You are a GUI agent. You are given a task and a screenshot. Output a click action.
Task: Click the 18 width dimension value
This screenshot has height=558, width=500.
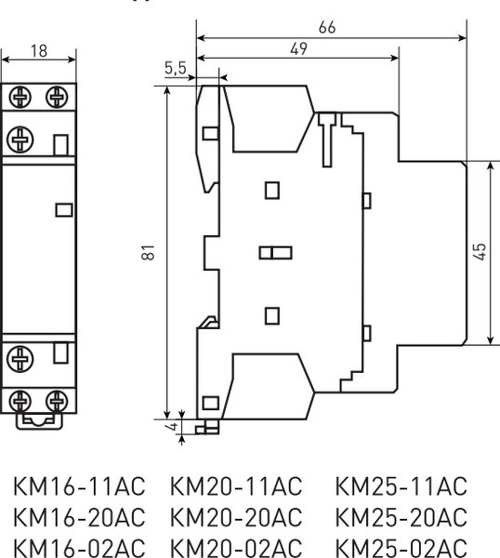pos(38,51)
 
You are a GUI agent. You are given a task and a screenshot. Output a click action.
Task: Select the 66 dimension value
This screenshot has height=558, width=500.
pos(326,28)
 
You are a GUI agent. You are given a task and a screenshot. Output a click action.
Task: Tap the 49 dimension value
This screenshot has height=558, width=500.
pos(298,50)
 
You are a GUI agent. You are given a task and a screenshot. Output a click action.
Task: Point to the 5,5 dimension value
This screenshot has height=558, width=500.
pos(176,68)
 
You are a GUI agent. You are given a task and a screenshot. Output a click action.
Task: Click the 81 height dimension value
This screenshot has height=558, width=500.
pos(150,253)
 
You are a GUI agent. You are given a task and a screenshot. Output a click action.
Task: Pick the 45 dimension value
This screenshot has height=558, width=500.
pos(479,252)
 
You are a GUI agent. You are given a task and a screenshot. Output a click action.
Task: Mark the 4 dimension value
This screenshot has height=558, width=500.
pos(170,427)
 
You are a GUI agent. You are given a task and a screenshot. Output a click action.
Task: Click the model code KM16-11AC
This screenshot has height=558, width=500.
pos(83,487)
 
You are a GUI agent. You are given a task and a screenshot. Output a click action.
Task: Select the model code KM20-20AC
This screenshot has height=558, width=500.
pos(237,516)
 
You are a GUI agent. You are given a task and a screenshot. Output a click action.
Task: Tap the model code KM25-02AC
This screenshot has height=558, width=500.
pos(401,545)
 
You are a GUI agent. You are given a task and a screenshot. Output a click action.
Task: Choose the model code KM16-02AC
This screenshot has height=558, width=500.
pos(83,545)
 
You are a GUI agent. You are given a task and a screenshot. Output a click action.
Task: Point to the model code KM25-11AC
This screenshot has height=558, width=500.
pos(401,487)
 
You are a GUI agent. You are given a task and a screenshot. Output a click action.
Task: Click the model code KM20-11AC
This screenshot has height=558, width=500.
pos(237,487)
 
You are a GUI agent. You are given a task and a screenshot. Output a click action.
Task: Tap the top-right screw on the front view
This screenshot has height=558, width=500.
pos(57,96)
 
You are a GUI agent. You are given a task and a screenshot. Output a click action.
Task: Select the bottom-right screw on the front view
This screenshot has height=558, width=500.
pos(57,401)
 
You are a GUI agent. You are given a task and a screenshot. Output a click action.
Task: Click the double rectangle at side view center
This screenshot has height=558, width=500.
pos(276,252)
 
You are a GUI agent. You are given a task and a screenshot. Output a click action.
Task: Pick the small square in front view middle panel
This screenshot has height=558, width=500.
pos(64,209)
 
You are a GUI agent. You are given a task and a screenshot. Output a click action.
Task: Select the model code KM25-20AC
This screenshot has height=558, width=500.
pos(401,516)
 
